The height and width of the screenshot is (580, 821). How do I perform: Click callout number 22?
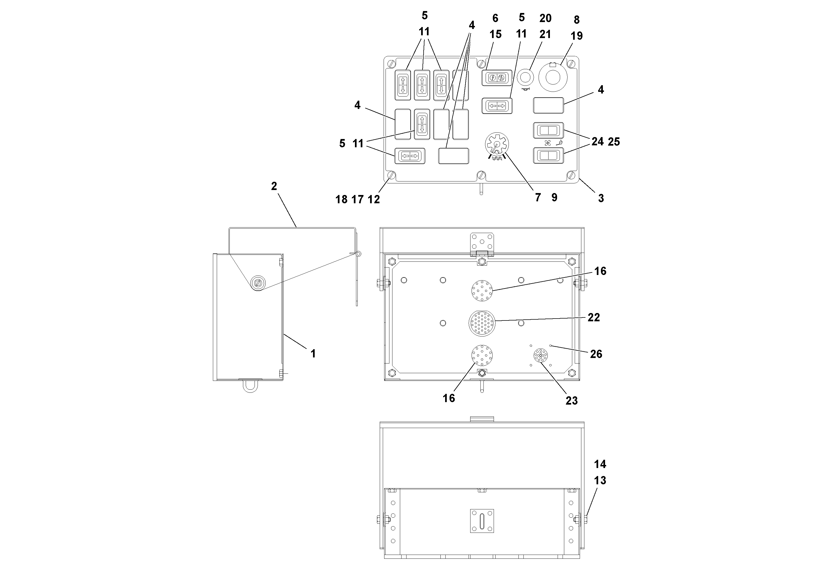[593, 317]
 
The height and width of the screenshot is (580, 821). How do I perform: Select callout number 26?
[596, 354]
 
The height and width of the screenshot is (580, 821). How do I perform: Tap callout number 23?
[571, 400]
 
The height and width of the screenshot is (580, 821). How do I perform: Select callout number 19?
[576, 36]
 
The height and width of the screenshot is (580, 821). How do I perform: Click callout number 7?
[538, 197]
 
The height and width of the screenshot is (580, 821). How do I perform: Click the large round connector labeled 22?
[482, 323]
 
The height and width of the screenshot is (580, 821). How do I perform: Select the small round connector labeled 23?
[541, 356]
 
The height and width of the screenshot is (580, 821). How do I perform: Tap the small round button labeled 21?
[526, 77]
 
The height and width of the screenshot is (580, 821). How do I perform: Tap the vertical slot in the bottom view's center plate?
[482, 521]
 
